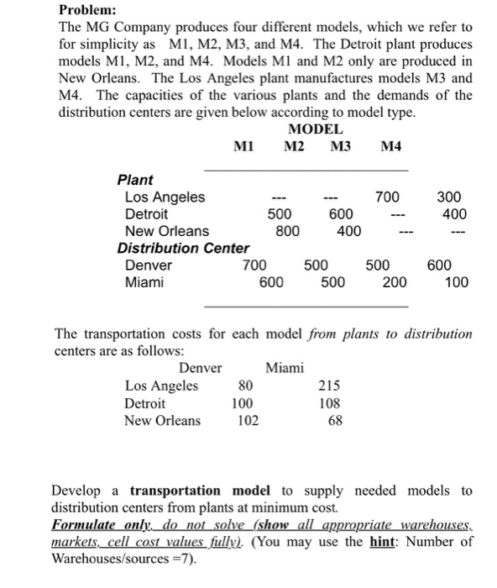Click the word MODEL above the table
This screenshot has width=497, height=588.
pos(315,129)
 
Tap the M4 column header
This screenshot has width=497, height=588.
pos(391,147)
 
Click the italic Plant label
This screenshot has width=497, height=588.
pos(135,180)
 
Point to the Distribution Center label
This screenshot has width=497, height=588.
pos(182,248)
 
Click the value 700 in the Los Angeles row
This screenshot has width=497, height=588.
pos(387,197)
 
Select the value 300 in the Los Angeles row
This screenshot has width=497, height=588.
pos(449,197)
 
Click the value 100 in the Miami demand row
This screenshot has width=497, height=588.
pos(457,282)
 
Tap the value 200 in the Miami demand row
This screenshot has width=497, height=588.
pos(395,282)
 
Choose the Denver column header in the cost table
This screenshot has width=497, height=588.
pos(201,368)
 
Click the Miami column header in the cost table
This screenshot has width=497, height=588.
pos(285,368)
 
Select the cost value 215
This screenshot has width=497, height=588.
pos(330,386)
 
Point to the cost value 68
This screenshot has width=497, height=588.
pos(335,420)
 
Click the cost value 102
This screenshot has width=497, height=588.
pos(247,420)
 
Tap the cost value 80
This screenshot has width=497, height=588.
pos(245,386)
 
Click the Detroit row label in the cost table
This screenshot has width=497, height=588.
pos(145,403)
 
